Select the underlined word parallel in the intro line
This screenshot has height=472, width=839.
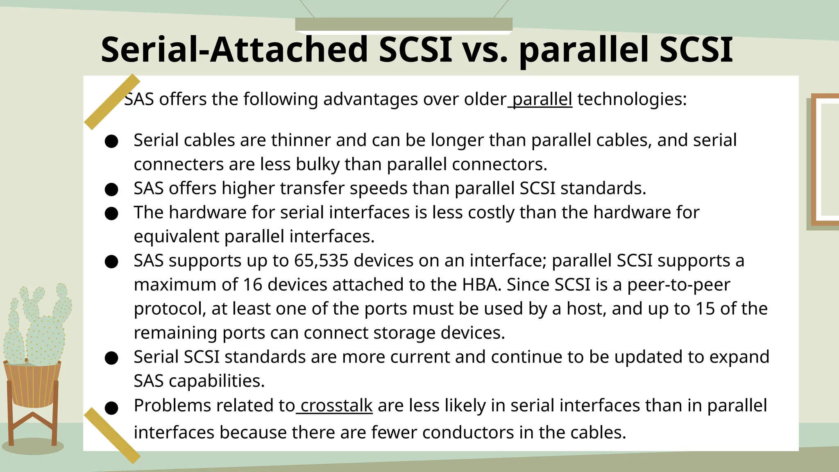pos(542,100)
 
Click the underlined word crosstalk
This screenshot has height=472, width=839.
pos(336,406)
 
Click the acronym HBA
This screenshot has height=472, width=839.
pos(481,285)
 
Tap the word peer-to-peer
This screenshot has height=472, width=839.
pos(678,285)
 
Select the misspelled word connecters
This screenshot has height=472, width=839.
pos(179,165)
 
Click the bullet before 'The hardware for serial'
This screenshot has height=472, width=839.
pos(111,213)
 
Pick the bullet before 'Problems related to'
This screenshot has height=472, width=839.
pos(111,408)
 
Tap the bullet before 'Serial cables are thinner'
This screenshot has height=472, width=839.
pos(111,141)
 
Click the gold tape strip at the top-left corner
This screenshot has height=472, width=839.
pos(112,102)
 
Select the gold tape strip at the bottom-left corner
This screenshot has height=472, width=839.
pos(112,435)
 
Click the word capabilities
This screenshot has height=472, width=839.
pos(216,381)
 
